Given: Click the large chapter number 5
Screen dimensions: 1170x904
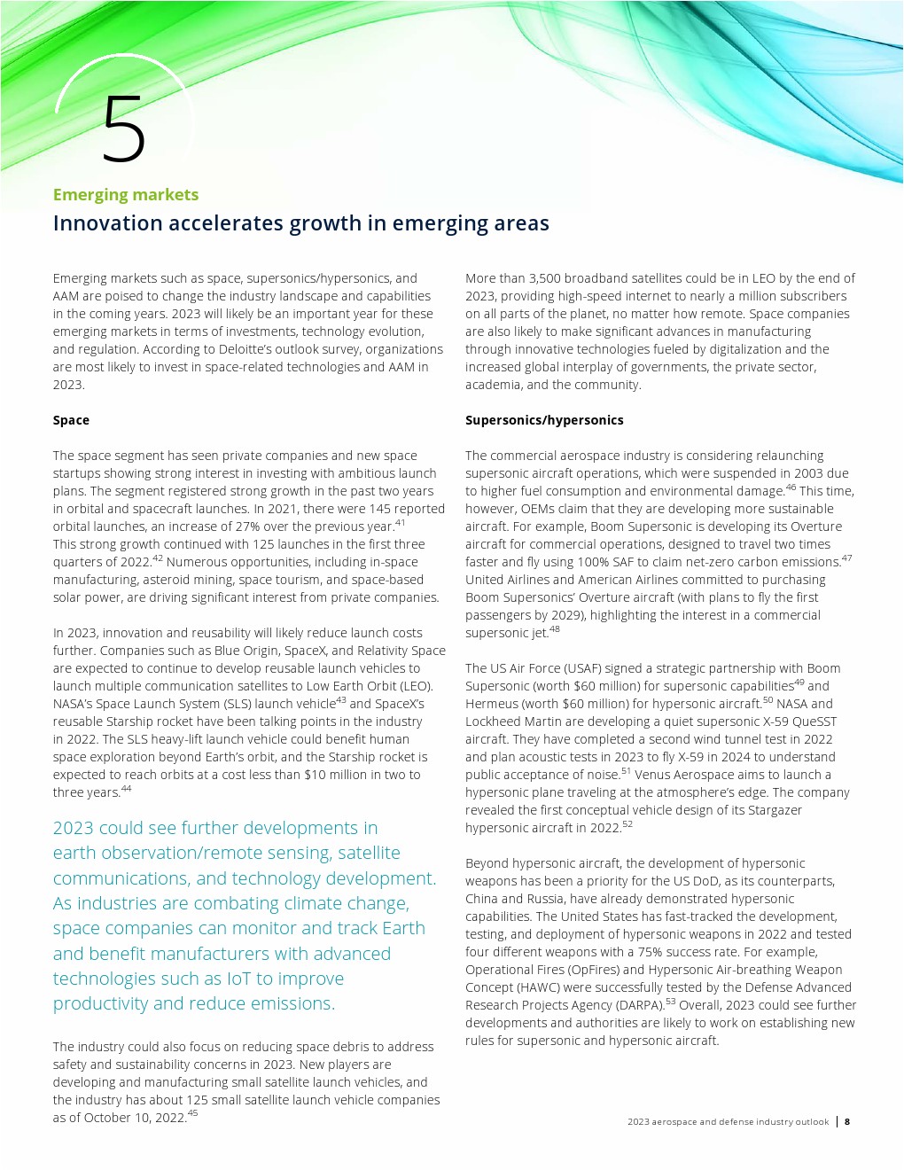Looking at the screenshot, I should coord(123,129).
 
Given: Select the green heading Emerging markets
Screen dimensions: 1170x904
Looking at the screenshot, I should coord(126,195).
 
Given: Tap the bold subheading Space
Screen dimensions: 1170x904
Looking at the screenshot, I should coord(71,420).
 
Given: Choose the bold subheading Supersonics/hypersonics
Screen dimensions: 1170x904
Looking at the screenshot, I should coord(544,420).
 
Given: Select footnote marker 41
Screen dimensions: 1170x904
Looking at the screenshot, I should coord(400,523).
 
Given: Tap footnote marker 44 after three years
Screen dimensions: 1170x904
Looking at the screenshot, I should coord(126,789).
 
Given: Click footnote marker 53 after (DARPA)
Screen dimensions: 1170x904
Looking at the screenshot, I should coord(670,1002).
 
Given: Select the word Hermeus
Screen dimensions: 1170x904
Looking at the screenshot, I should coord(492,704).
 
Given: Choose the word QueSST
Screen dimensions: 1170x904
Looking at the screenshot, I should coord(814,721).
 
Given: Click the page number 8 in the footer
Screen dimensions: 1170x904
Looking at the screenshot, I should coord(847,1122).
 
